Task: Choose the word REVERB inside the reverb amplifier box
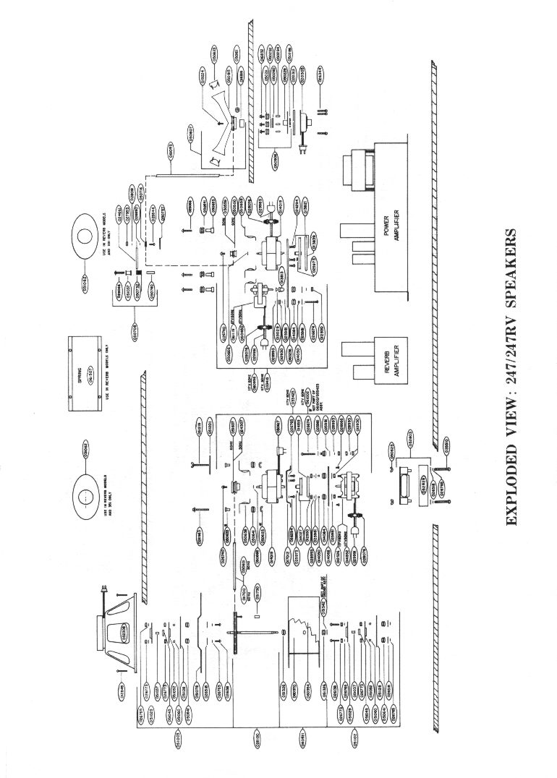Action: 387,349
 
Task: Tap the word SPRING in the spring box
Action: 82,376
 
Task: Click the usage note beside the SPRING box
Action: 107,377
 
